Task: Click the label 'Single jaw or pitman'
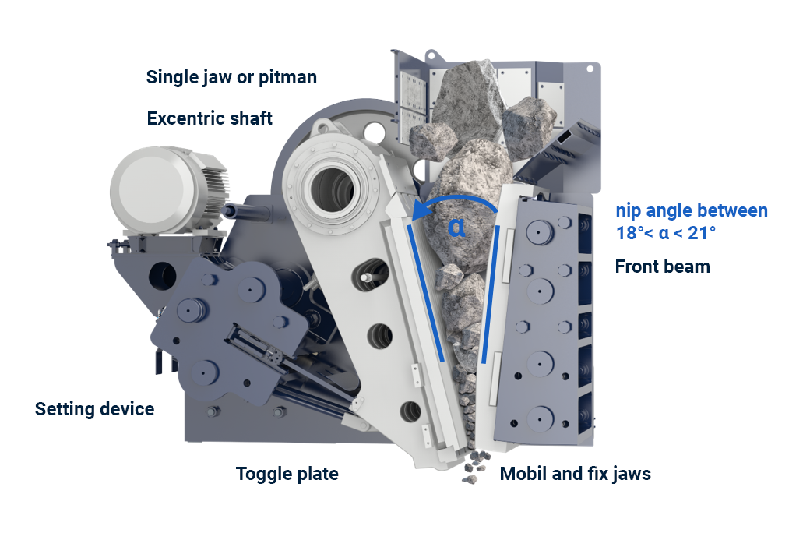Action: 231,78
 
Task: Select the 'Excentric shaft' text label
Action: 210,118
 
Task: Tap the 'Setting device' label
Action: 94,409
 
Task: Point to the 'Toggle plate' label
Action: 287,474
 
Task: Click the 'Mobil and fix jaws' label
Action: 575,474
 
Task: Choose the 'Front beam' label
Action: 662,266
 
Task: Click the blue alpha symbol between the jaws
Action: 456,227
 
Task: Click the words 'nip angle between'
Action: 692,210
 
